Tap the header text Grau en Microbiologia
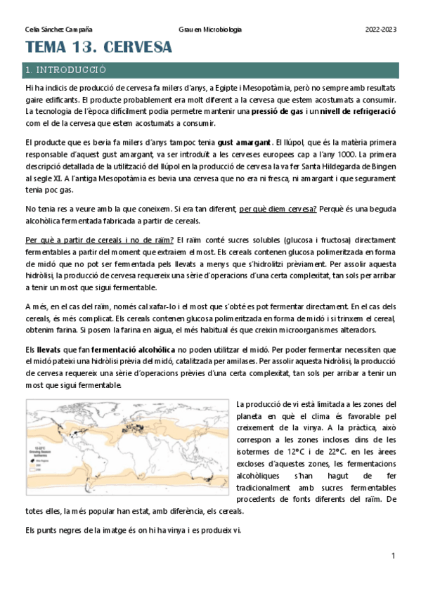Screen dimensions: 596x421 pos(211,30)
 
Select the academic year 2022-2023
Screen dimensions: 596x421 pos(381,30)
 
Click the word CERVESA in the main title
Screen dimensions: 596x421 pos(134,48)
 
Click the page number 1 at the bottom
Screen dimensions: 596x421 pos(394,557)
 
